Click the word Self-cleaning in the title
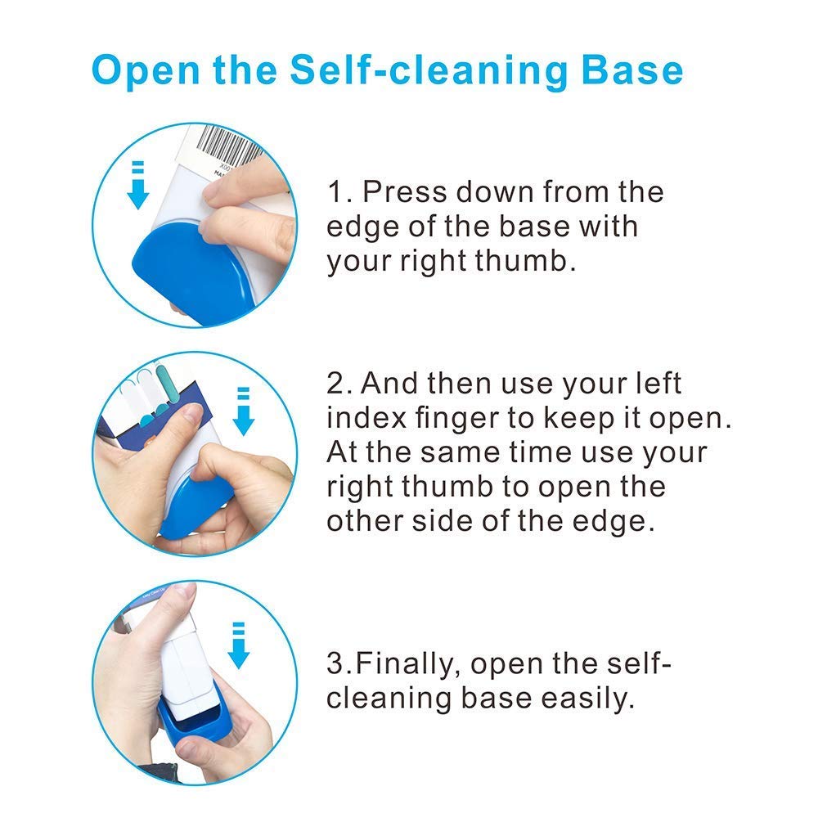tap(428, 70)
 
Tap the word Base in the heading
tap(632, 70)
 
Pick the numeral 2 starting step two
tap(335, 384)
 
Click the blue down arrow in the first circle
tap(138, 185)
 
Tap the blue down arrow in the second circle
tap(243, 411)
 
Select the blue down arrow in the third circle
tap(238, 645)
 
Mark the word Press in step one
tap(405, 192)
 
